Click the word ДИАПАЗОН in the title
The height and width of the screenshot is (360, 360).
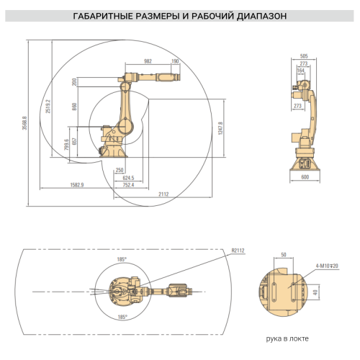(259, 14)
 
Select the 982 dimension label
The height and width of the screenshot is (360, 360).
(148, 62)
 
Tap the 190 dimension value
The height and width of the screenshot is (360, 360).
(175, 62)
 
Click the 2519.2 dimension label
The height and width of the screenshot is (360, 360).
(48, 107)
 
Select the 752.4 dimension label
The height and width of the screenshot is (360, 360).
(127, 185)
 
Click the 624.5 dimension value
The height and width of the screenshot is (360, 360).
(128, 177)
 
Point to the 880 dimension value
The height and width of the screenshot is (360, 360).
(75, 107)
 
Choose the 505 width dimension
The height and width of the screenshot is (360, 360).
(304, 55)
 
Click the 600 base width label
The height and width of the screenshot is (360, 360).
(305, 177)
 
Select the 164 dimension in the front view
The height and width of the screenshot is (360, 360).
(302, 71)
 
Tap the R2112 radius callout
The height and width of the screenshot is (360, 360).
(238, 251)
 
